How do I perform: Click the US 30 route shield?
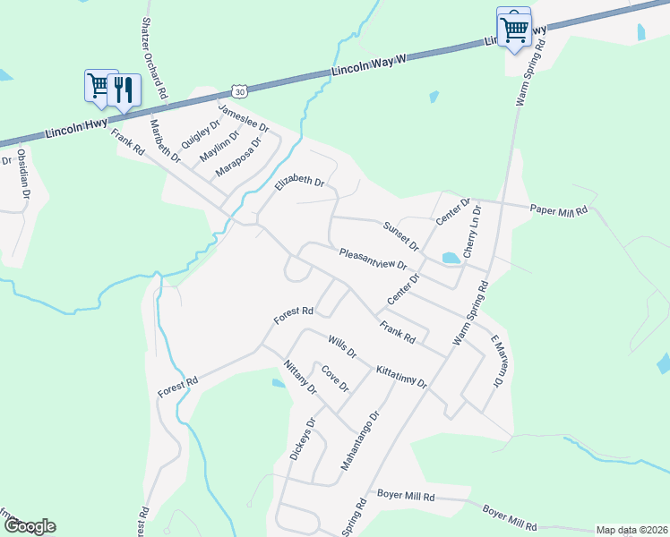237,90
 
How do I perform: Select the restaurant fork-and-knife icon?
125,89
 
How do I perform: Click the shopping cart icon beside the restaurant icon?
99,85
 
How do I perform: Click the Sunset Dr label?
401,234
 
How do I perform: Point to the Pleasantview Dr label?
374,260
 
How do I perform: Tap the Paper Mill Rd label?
558,210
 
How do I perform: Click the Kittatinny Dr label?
402,376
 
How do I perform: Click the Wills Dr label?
342,346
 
